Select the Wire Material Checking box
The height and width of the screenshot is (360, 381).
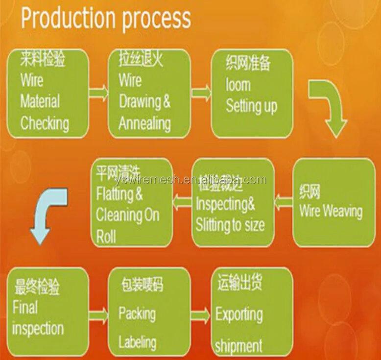[x=48, y=93]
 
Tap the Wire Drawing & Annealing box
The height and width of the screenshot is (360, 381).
[x=149, y=93]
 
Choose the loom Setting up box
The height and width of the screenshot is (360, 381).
[x=252, y=93]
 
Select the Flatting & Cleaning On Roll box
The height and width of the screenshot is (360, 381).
[x=132, y=202]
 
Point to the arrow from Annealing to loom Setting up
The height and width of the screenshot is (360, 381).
[x=200, y=92]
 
